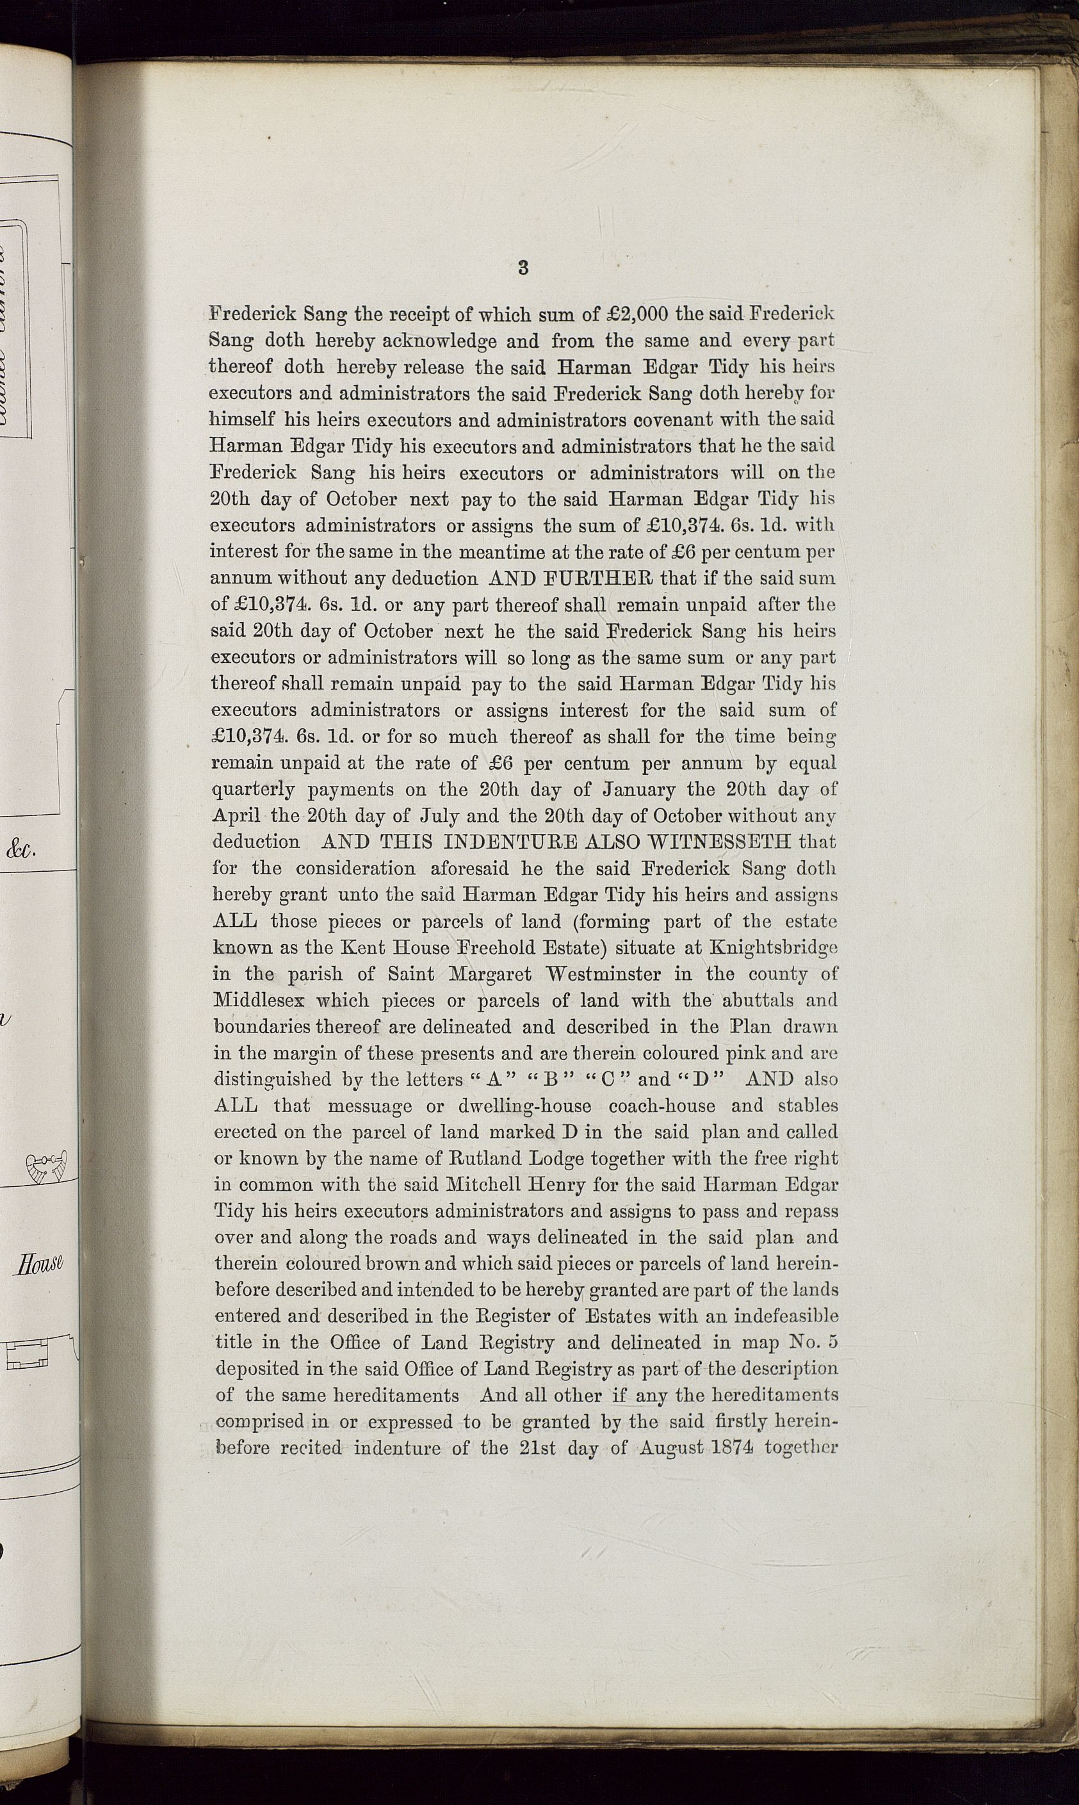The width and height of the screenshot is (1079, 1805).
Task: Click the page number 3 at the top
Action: click(x=523, y=268)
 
